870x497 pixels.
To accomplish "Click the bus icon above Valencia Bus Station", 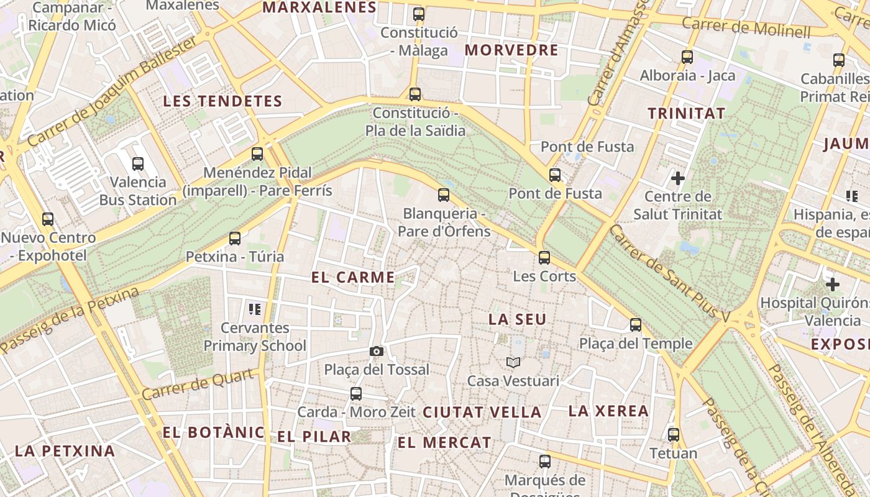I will [x=138, y=164].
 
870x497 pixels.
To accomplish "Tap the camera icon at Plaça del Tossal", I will [x=376, y=352].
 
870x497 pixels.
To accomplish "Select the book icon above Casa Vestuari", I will [x=513, y=362].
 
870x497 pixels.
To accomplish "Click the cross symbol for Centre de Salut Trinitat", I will [x=678, y=179].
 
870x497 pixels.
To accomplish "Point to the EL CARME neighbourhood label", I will [x=353, y=278].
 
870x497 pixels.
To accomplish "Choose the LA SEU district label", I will [x=518, y=319].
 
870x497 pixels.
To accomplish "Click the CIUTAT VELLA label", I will [x=482, y=412].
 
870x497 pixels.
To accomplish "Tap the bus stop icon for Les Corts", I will [x=544, y=257].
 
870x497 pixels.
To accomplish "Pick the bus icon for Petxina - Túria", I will [x=235, y=238].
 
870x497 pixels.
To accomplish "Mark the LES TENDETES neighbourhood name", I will [x=222, y=101].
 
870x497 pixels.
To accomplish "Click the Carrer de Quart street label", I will [x=198, y=385].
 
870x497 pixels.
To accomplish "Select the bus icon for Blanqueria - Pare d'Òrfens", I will [x=444, y=195].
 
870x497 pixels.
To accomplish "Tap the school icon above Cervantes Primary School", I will [x=254, y=309].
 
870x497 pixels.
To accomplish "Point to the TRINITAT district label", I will [x=687, y=114].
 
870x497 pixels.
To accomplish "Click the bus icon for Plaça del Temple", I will [x=636, y=324].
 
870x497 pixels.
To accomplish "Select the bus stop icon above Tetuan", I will [x=674, y=435].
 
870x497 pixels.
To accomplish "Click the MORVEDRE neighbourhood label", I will [x=511, y=50].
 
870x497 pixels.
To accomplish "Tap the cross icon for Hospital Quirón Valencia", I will [x=833, y=285].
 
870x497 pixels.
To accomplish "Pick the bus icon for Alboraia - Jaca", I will [x=687, y=57].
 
